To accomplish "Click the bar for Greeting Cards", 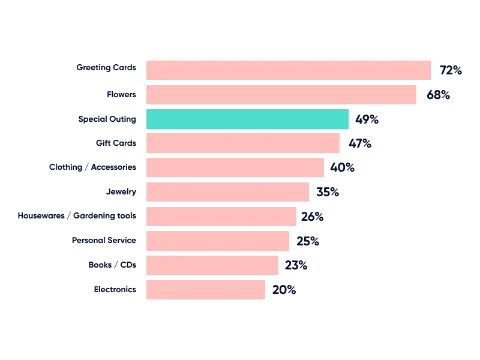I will pyautogui.click(x=288, y=69).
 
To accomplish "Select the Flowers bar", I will pyautogui.click(x=281, y=95).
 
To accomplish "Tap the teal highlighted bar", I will pyautogui.click(x=247, y=119).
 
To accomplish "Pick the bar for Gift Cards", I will pyautogui.click(x=242, y=143).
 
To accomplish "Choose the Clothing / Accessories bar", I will pyautogui.click(x=235, y=167).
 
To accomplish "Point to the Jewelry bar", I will pyautogui.click(x=228, y=192).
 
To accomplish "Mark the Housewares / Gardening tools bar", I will pyautogui.click(x=221, y=217).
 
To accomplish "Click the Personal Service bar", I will pyautogui.click(x=218, y=241).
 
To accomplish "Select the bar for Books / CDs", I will pyautogui.click(x=211, y=265).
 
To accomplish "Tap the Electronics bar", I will pyautogui.click(x=206, y=290).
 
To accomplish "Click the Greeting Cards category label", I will pyautogui.click(x=107, y=68).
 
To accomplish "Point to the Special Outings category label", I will pyautogui.click(x=108, y=119).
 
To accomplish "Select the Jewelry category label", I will pyautogui.click(x=122, y=192).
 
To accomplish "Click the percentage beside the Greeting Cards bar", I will pyautogui.click(x=449, y=70).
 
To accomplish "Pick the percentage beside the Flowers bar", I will pyautogui.click(x=437, y=95).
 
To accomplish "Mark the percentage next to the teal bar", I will pyautogui.click(x=367, y=119).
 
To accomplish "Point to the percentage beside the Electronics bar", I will pyautogui.click(x=284, y=290).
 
